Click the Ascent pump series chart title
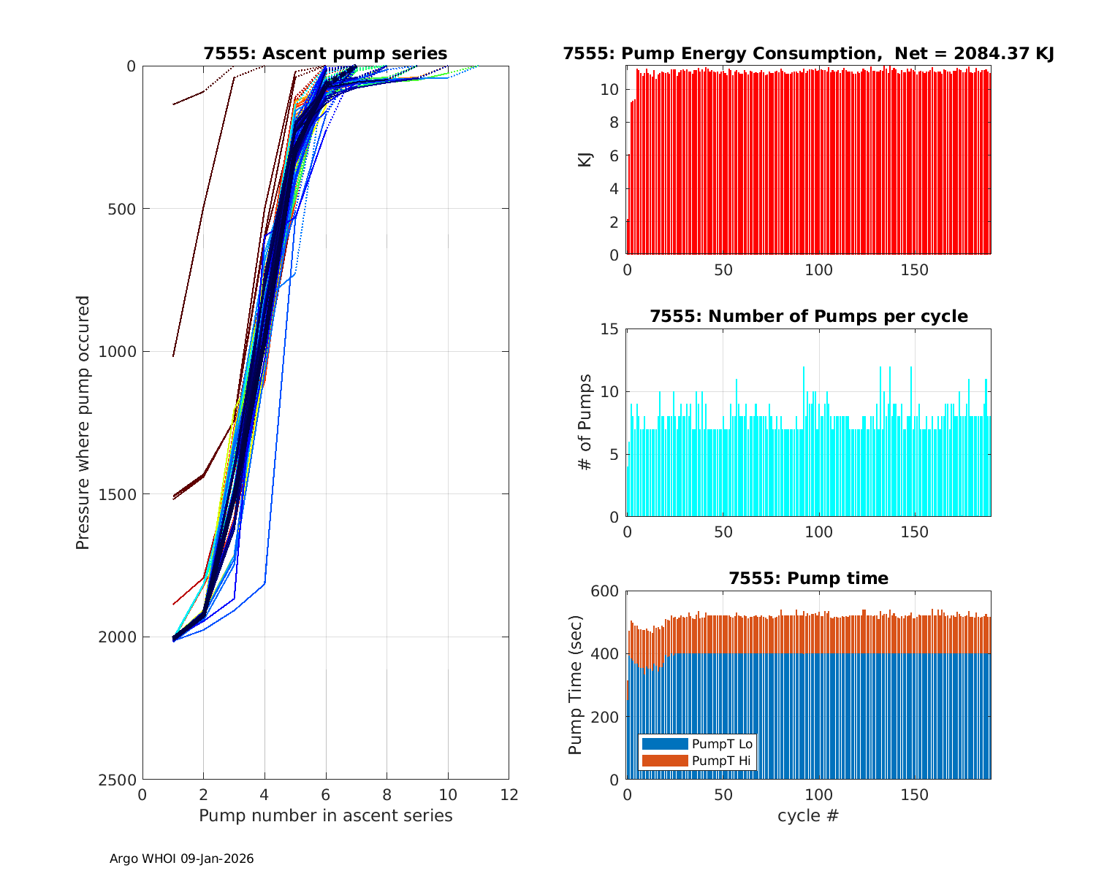coord(325,53)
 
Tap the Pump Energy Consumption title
coord(808,53)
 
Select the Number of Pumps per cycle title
coord(808,316)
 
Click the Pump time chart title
coord(808,578)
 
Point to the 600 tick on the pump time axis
coord(605,591)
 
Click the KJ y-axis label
coord(585,159)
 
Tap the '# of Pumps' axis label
coord(585,422)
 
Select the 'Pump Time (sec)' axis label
coord(576,685)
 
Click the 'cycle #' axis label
coord(808,815)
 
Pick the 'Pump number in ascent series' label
coord(325,815)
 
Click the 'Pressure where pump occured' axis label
coord(83,422)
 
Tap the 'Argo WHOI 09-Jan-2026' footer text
coord(182,858)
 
